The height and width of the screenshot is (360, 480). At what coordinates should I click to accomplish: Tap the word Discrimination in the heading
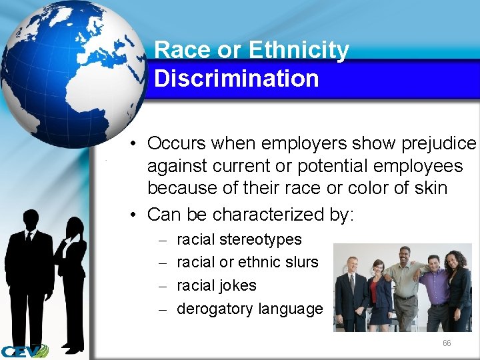[x=237, y=79]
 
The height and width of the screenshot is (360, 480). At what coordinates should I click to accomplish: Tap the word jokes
[x=238, y=285]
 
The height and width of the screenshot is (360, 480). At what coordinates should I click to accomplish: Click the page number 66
[x=447, y=343]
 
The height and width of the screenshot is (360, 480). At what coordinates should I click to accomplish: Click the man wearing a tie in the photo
[x=351, y=293]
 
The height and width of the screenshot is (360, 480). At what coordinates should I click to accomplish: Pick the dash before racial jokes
[x=163, y=286]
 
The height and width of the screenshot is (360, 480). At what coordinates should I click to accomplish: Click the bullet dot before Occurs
[x=134, y=144]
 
